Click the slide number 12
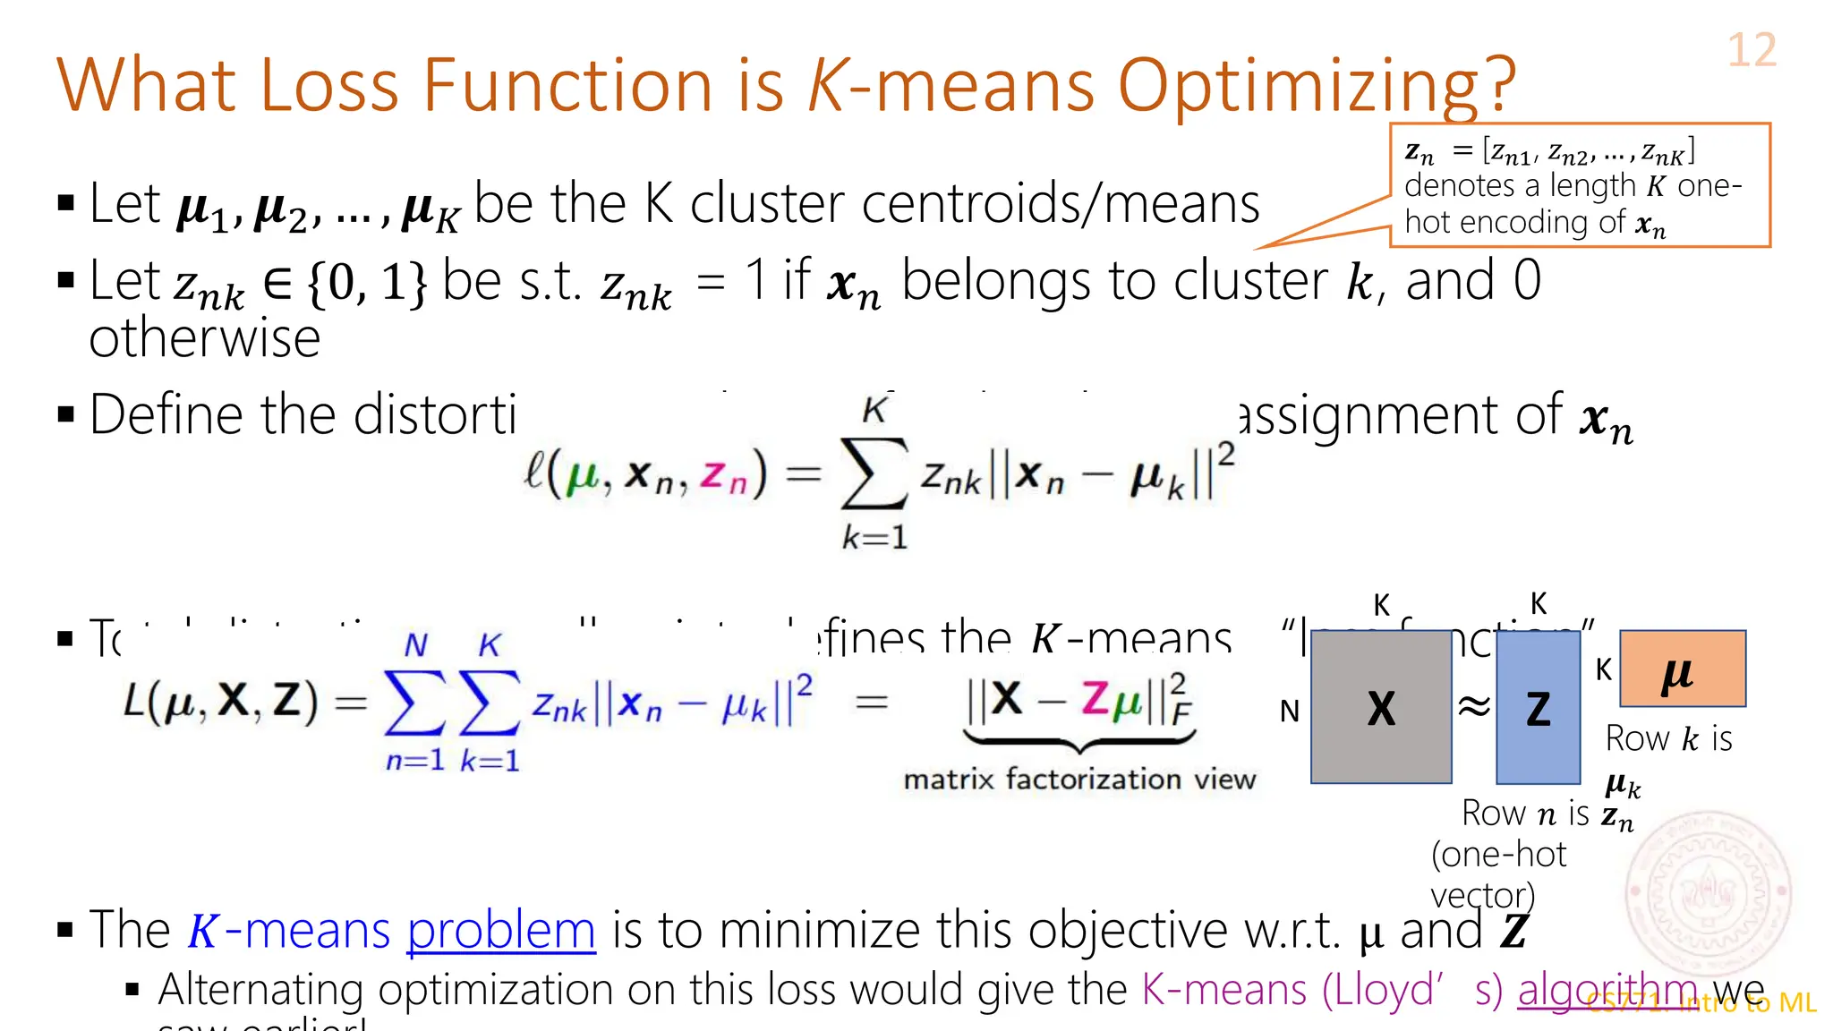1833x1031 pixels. coord(1751,50)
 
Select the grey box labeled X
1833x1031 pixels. coord(1381,707)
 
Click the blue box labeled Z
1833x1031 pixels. coord(1538,707)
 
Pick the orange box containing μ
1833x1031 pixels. coord(1682,669)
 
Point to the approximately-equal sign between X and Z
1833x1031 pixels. coord(1474,707)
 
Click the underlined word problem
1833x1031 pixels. coord(501,931)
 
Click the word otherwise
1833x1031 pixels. coord(205,338)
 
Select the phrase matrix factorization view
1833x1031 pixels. coord(1079,780)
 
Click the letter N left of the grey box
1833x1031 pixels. coord(1289,711)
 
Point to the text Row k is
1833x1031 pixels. coord(1668,739)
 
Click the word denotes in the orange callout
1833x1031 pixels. coord(1460,186)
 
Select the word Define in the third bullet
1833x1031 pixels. coord(166,415)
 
